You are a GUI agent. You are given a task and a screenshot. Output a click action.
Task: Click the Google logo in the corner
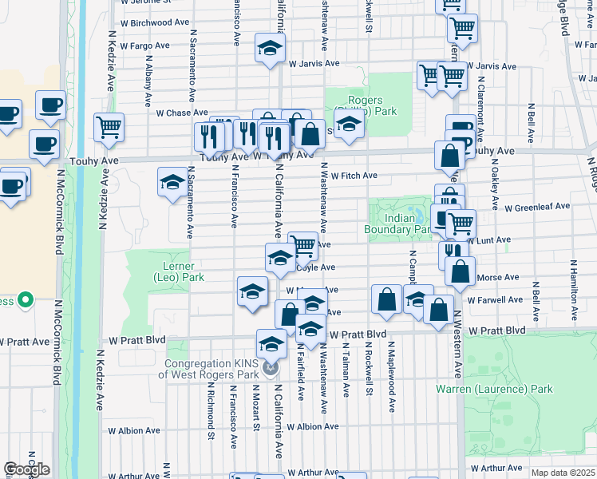click(26, 469)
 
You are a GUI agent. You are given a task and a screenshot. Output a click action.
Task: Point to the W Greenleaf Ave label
click(537, 206)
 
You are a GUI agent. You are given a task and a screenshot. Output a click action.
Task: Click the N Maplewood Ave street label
click(392, 378)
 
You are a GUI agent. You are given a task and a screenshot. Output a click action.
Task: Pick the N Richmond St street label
click(212, 414)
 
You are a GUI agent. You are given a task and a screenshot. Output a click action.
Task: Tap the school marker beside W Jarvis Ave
click(270, 48)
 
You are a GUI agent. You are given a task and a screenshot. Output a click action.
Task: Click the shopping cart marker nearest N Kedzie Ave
click(109, 126)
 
